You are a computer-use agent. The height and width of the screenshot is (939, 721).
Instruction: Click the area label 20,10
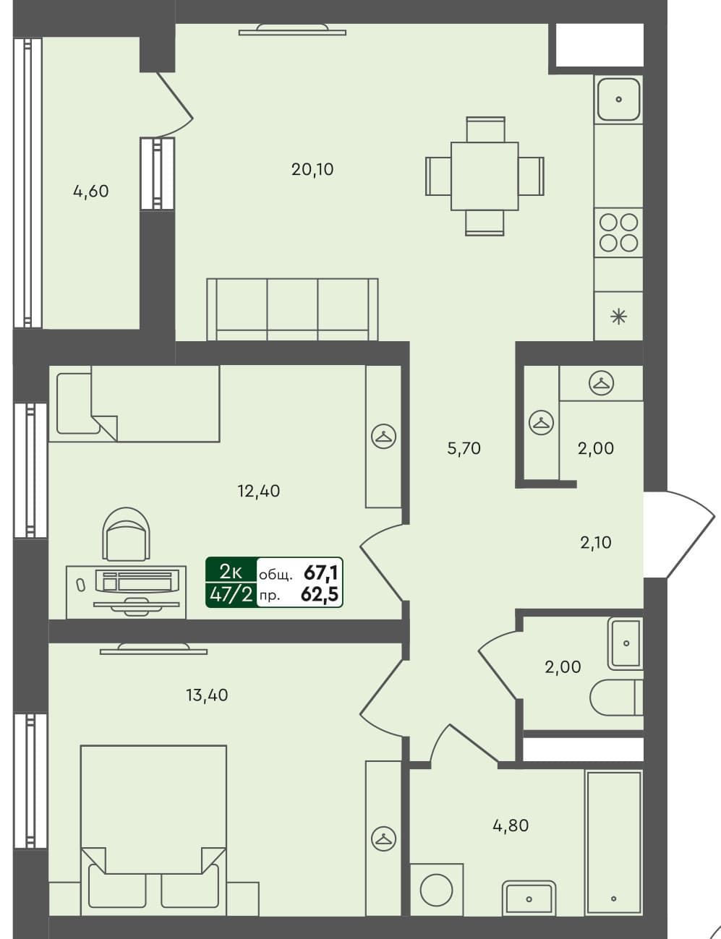tap(312, 169)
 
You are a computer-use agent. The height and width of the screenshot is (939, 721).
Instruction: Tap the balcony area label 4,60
tap(91, 192)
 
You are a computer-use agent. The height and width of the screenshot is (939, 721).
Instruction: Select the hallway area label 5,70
tap(464, 448)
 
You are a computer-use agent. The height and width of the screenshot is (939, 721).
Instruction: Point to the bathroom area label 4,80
tap(511, 825)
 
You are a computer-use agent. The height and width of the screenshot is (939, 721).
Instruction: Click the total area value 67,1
tap(321, 573)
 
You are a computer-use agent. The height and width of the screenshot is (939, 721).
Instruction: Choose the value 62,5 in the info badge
tap(321, 595)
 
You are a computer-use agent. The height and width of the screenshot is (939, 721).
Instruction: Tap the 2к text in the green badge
tap(231, 571)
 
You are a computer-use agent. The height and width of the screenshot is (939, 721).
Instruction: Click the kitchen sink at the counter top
tap(618, 99)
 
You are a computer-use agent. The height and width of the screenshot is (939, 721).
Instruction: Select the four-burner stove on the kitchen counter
tap(618, 232)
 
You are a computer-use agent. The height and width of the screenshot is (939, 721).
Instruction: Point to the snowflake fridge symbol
tap(618, 316)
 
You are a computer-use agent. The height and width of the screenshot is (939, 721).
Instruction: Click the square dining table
tap(485, 176)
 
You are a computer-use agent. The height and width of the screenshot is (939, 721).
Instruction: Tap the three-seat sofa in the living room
tap(292, 309)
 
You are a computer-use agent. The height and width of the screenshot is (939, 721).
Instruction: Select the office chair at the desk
tap(127, 535)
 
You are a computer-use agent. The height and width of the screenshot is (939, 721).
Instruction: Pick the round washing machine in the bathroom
tap(436, 889)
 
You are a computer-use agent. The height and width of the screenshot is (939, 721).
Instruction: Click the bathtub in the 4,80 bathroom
tap(613, 842)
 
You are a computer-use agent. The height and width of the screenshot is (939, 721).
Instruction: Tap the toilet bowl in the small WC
tap(615, 698)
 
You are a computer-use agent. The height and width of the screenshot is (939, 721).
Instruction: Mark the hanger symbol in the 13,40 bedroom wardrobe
tap(383, 838)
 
